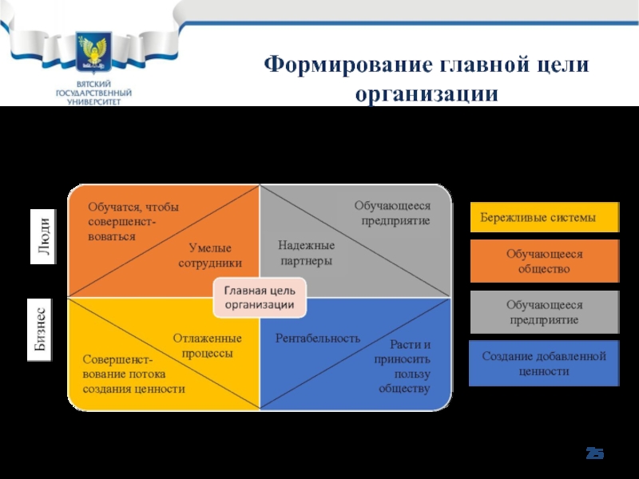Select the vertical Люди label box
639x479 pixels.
46,236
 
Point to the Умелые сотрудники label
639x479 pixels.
210,255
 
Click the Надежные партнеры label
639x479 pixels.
306,252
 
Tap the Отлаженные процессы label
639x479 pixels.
206,346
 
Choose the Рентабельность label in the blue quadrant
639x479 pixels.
318,338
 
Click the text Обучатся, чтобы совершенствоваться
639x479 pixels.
134,222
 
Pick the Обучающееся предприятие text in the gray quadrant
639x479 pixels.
392,213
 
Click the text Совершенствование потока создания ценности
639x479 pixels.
133,374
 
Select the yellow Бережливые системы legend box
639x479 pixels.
544,218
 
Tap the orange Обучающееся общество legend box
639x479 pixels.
544,261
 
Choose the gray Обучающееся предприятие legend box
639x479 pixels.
544,312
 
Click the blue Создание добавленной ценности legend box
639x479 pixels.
544,363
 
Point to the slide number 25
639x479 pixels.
595,454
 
